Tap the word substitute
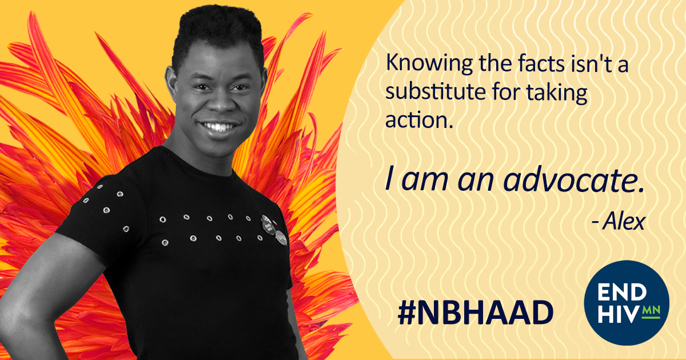(x=436, y=91)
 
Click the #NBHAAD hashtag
(x=475, y=312)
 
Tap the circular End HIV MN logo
(x=627, y=303)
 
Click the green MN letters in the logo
(x=651, y=311)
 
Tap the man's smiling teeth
(x=218, y=126)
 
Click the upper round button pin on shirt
(x=268, y=225)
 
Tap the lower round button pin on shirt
(x=281, y=238)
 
